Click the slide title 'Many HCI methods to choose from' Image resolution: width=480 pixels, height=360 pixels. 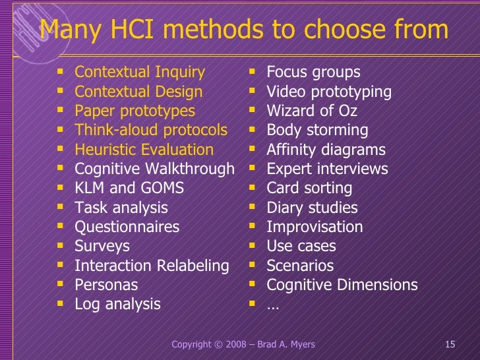coord(244,30)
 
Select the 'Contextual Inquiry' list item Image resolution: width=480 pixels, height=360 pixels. coord(140,73)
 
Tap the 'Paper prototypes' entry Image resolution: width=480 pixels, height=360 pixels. coord(135,111)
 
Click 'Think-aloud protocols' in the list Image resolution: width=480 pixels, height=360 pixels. coord(151,131)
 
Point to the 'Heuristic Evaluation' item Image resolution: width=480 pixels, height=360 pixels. coord(144,150)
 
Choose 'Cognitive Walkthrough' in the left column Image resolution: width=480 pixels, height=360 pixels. coord(154,169)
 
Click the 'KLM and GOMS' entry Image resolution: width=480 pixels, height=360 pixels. coord(129,189)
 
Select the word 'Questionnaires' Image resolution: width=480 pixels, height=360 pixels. coord(127,227)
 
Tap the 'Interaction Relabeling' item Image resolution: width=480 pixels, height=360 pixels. coord(152,266)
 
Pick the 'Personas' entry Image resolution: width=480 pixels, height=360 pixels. coord(106,285)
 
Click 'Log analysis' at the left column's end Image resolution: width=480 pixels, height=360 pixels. coord(117,304)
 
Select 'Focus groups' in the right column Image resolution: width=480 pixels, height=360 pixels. coord(313,73)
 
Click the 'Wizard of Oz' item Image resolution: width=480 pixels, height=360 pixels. coord(311,111)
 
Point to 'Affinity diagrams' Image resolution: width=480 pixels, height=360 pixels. coord(326,150)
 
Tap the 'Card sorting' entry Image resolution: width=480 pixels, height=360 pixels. coord(309,189)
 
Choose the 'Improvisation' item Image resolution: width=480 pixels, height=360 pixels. coord(315,227)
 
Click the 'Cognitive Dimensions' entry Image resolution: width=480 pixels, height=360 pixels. coord(342,285)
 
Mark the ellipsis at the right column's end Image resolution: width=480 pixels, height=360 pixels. coord(273,305)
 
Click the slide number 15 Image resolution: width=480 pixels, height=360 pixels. coord(451,345)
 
